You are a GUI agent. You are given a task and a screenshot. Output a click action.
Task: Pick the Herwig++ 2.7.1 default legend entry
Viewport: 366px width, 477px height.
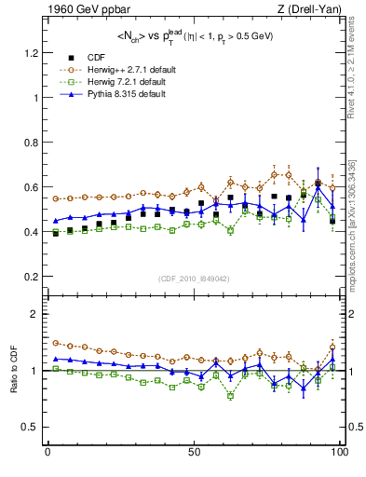tap(129, 69)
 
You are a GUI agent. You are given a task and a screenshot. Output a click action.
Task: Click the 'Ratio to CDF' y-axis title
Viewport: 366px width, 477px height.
tap(13, 371)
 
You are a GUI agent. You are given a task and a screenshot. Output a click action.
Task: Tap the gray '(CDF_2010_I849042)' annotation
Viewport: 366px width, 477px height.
tap(194, 279)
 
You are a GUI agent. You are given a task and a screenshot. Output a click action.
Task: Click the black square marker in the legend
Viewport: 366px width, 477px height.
tap(68, 57)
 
